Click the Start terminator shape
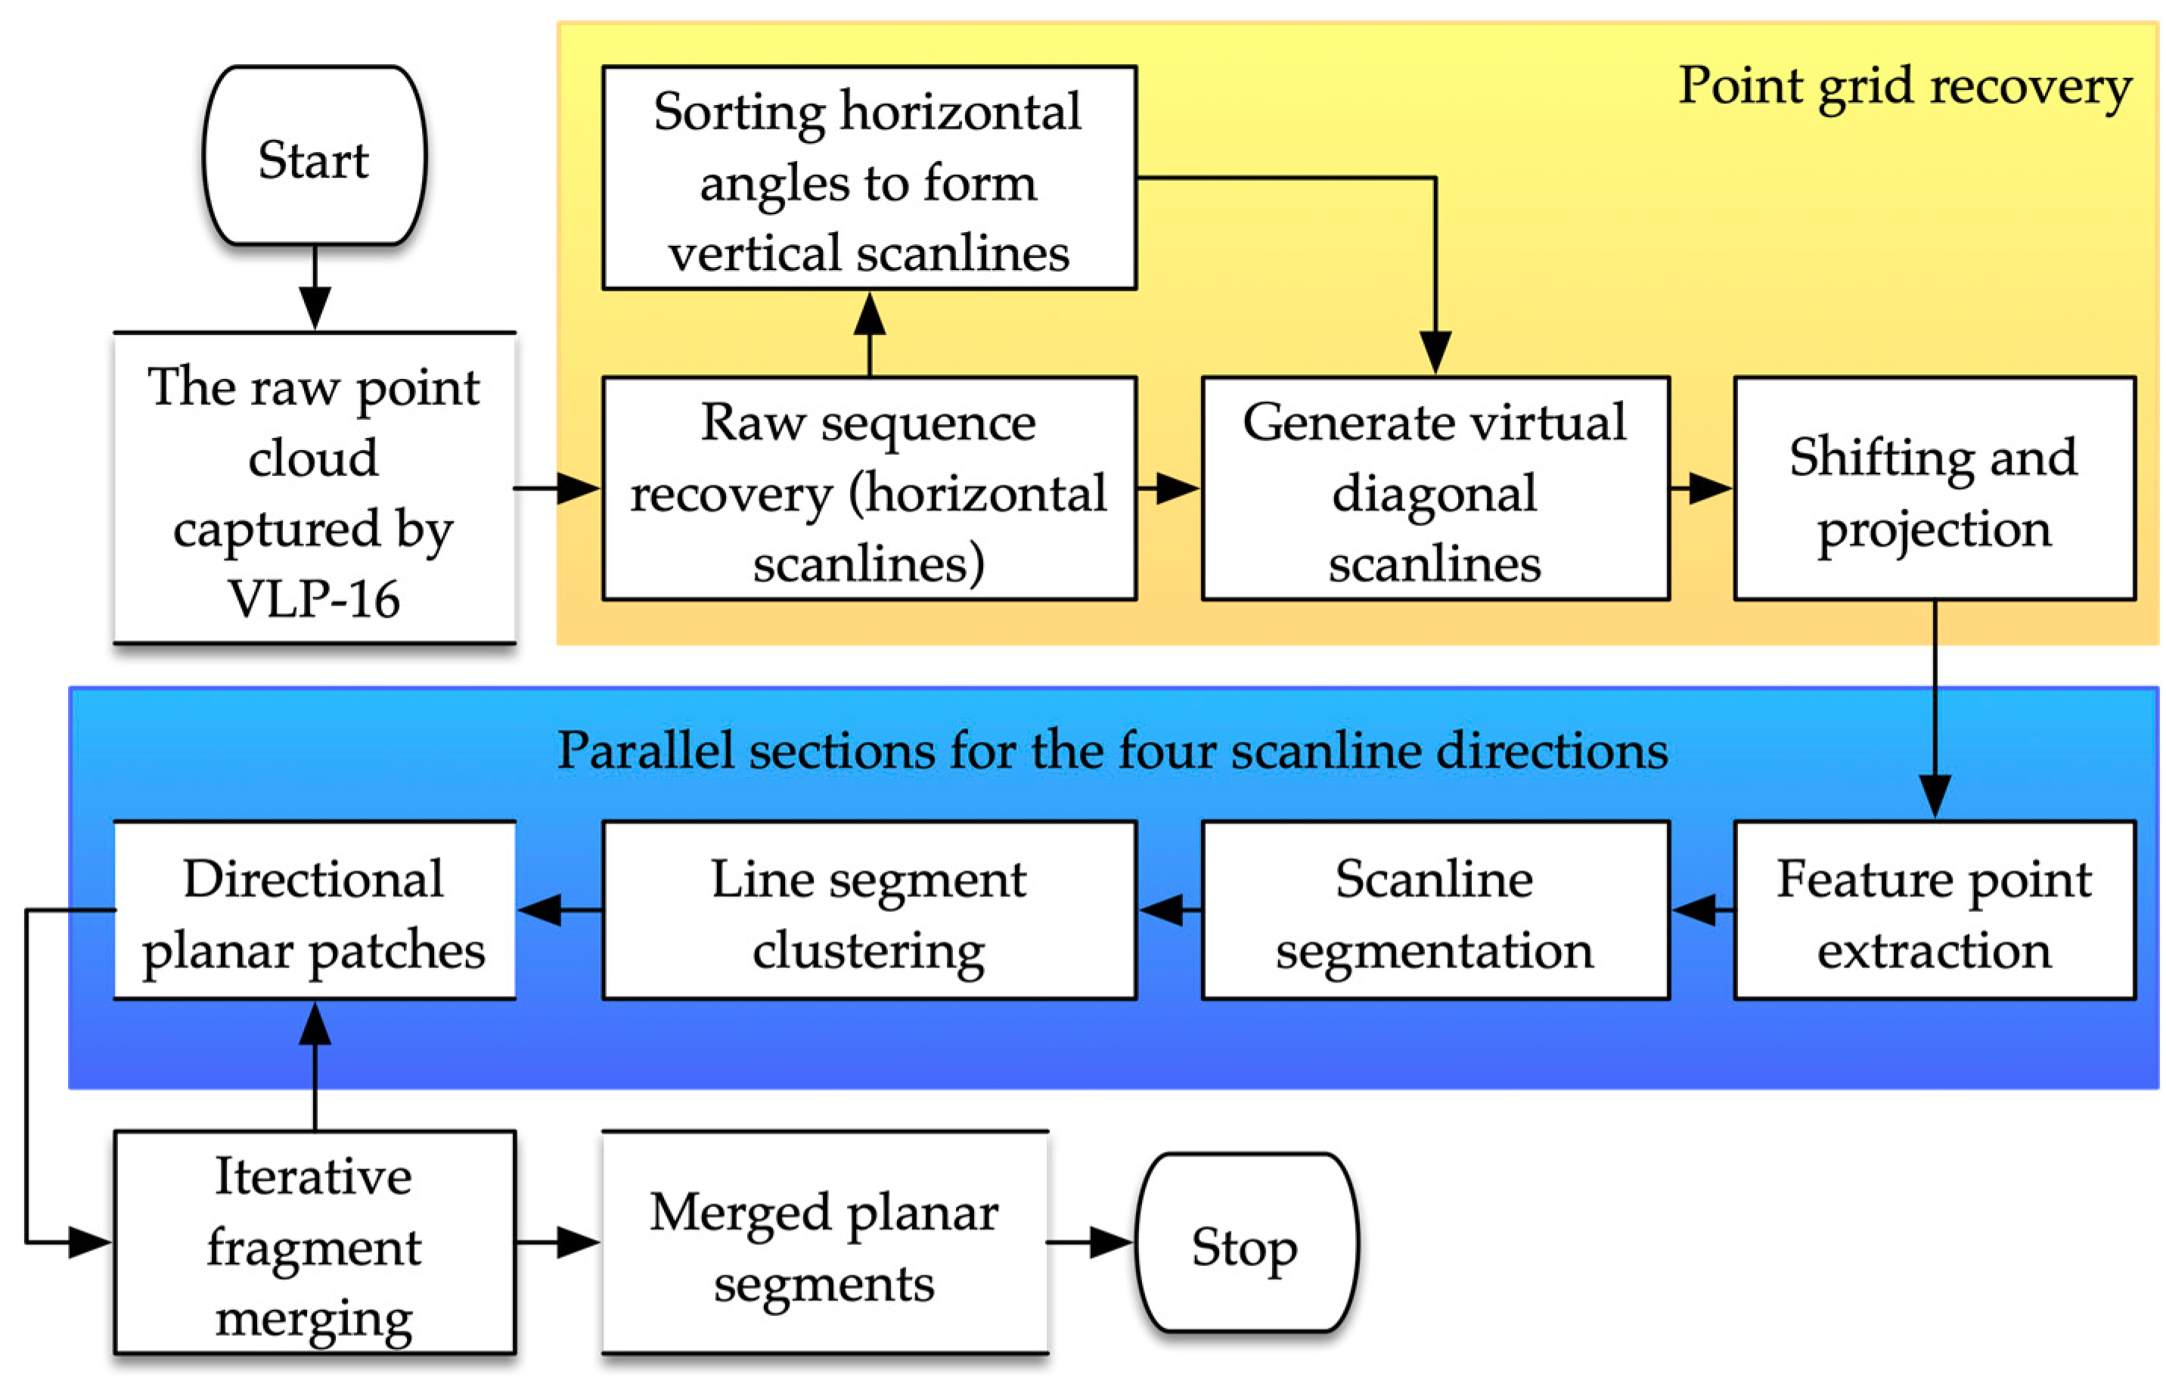click(x=315, y=155)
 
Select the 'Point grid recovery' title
click(x=1904, y=86)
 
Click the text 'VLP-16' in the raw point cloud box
click(x=313, y=599)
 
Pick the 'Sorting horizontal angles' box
click(x=869, y=178)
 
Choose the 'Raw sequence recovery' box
click(x=869, y=489)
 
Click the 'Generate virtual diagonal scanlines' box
click(x=1435, y=489)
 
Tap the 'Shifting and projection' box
click(x=1934, y=489)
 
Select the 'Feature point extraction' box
click(x=1934, y=911)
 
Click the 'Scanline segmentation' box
click(x=1435, y=911)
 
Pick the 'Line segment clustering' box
click(x=869, y=911)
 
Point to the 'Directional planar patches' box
click(x=315, y=911)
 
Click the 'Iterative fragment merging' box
click(x=315, y=1243)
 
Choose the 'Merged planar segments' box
click(x=825, y=1243)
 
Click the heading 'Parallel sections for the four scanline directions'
click(x=1112, y=750)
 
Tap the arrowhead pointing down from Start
click(x=315, y=309)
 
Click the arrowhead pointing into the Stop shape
click(x=1112, y=1243)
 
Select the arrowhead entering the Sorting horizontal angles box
click(x=869, y=314)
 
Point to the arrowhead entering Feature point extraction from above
click(x=1935, y=796)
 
